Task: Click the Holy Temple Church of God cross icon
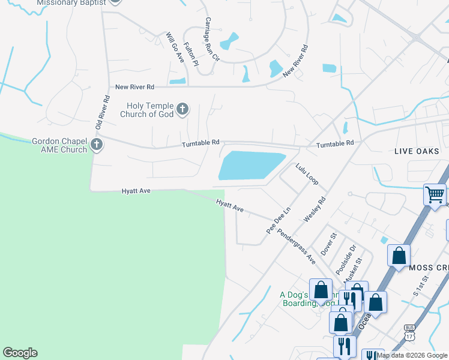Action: [183, 109]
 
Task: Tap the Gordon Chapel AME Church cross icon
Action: [96, 144]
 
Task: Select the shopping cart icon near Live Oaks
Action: [435, 194]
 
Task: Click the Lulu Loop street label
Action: [307, 173]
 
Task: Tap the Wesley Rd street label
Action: [315, 211]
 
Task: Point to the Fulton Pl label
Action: [190, 54]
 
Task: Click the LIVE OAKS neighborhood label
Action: [417, 151]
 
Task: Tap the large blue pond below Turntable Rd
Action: [250, 165]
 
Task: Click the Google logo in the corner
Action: [20, 353]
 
